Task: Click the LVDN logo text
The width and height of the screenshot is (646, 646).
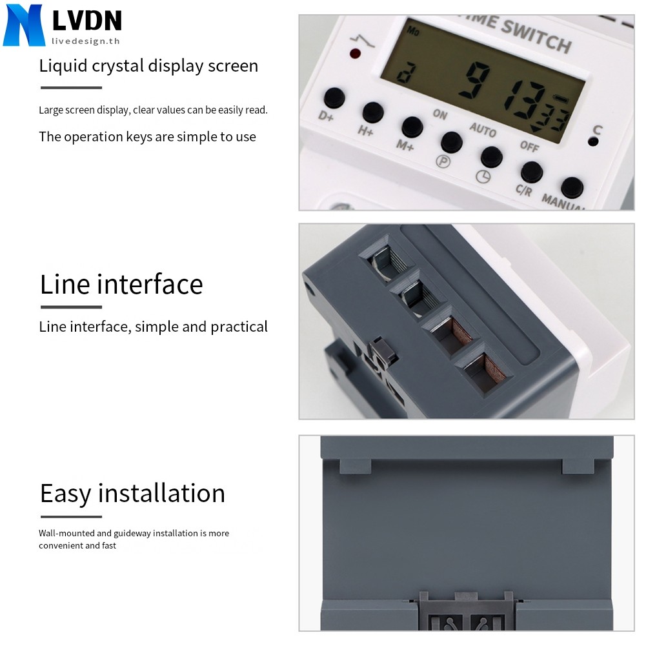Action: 86,21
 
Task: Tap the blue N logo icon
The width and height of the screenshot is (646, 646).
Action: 24,25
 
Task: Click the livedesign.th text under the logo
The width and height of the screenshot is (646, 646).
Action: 86,41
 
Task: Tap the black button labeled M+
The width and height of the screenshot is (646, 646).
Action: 412,126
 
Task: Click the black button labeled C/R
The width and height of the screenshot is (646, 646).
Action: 531,172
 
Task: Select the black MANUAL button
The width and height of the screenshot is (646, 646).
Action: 572,188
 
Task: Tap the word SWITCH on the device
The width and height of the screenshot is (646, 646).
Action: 536,36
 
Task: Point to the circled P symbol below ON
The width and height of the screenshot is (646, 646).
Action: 443,161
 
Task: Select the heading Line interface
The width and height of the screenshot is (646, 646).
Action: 121,284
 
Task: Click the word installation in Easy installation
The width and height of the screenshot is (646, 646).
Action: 161,493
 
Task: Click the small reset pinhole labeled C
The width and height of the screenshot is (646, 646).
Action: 592,143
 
